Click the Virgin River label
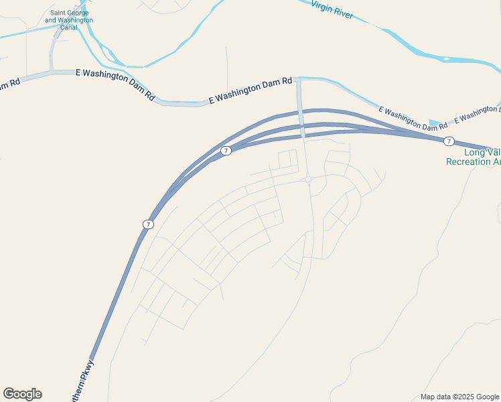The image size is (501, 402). point(332,10)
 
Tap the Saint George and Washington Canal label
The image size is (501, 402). point(69,20)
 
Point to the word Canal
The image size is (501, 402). point(69,27)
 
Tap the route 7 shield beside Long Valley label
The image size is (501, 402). point(449,141)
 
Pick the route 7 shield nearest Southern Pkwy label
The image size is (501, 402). point(148,224)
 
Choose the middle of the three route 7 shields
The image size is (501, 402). point(226,151)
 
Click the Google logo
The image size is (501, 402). point(22,394)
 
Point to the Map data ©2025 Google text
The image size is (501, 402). point(459,397)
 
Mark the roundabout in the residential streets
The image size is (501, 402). point(307,179)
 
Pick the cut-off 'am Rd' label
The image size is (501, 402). point(9,84)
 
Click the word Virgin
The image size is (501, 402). point(322,6)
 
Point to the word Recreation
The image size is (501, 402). point(470,161)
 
